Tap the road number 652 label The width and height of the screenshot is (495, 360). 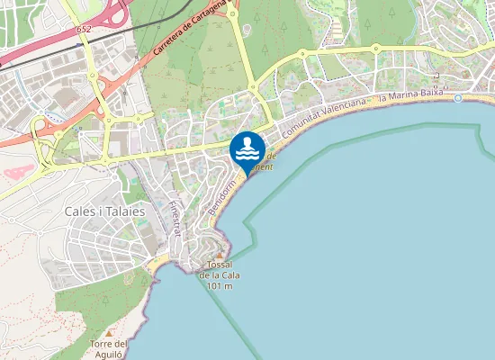pos(84,30)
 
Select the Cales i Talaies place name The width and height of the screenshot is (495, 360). pos(105,211)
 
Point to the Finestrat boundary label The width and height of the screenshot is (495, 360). pos(175,217)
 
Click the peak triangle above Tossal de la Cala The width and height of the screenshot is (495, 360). pos(220,255)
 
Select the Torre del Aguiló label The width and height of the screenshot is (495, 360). pos(111,349)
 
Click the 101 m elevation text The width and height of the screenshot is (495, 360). pos(220,286)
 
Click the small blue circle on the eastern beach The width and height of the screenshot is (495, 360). pos(458,97)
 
